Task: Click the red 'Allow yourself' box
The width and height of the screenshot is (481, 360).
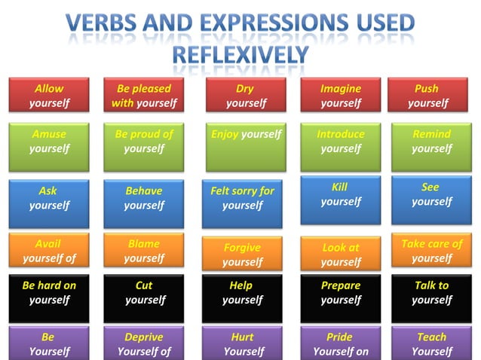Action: click(x=49, y=96)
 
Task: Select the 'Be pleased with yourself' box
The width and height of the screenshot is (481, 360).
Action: click(x=144, y=96)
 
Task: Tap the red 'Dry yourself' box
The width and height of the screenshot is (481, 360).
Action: click(x=245, y=96)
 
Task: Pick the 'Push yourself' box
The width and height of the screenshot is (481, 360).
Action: click(x=427, y=96)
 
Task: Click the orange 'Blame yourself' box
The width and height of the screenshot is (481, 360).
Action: click(x=144, y=251)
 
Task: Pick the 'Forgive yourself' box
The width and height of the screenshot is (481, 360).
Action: click(x=243, y=255)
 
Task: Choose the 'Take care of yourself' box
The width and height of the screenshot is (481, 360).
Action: click(x=431, y=251)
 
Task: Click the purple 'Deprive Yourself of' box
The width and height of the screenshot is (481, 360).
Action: click(x=144, y=343)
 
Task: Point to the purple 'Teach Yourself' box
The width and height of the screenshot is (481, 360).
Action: click(x=431, y=343)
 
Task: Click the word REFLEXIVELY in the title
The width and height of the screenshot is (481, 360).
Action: click(x=240, y=55)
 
